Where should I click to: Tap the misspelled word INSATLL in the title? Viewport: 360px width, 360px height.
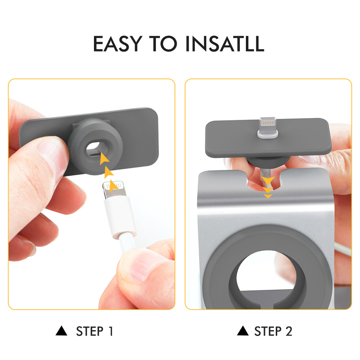pyautogui.click(x=225, y=44)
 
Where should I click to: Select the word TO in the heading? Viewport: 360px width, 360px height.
pyautogui.click(x=163, y=44)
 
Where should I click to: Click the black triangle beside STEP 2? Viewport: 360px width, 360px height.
pyautogui.click(x=243, y=330)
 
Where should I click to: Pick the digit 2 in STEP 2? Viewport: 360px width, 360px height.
pyautogui.click(x=289, y=331)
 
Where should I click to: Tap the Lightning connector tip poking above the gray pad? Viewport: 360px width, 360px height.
pyautogui.click(x=268, y=128)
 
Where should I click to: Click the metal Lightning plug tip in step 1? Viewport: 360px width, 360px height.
pyautogui.click(x=114, y=190)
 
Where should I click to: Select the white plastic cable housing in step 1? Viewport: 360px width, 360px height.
pyautogui.click(x=120, y=217)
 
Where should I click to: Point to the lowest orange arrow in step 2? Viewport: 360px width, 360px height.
pyautogui.click(x=268, y=196)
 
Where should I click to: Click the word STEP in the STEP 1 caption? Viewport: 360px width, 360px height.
pyautogui.click(x=90, y=331)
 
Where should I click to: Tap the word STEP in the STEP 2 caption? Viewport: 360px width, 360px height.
pyautogui.click(x=268, y=331)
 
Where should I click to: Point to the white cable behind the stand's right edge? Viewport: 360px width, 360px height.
pyautogui.click(x=343, y=249)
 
